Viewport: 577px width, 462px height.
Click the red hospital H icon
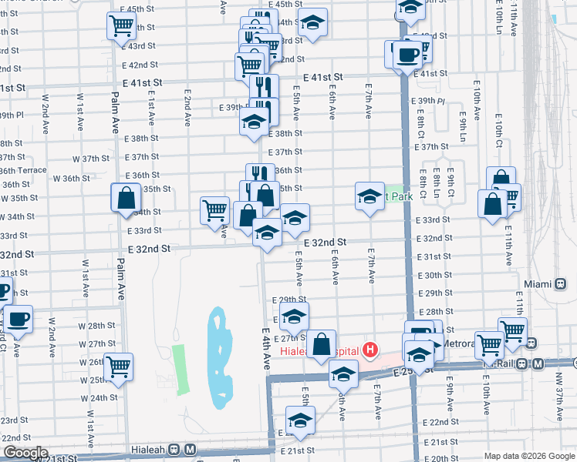coord(370,351)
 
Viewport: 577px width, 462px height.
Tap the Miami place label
coord(539,284)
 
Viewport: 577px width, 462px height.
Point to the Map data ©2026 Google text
coord(528,456)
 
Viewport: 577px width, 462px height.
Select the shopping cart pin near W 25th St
coord(119,367)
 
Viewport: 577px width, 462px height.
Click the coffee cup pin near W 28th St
coord(18,318)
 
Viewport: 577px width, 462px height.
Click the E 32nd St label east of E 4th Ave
coord(325,242)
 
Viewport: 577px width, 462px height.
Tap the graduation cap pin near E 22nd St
coord(300,420)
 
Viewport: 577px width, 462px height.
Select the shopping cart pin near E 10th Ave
coord(490,345)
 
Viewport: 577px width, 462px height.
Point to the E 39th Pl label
coord(432,101)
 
